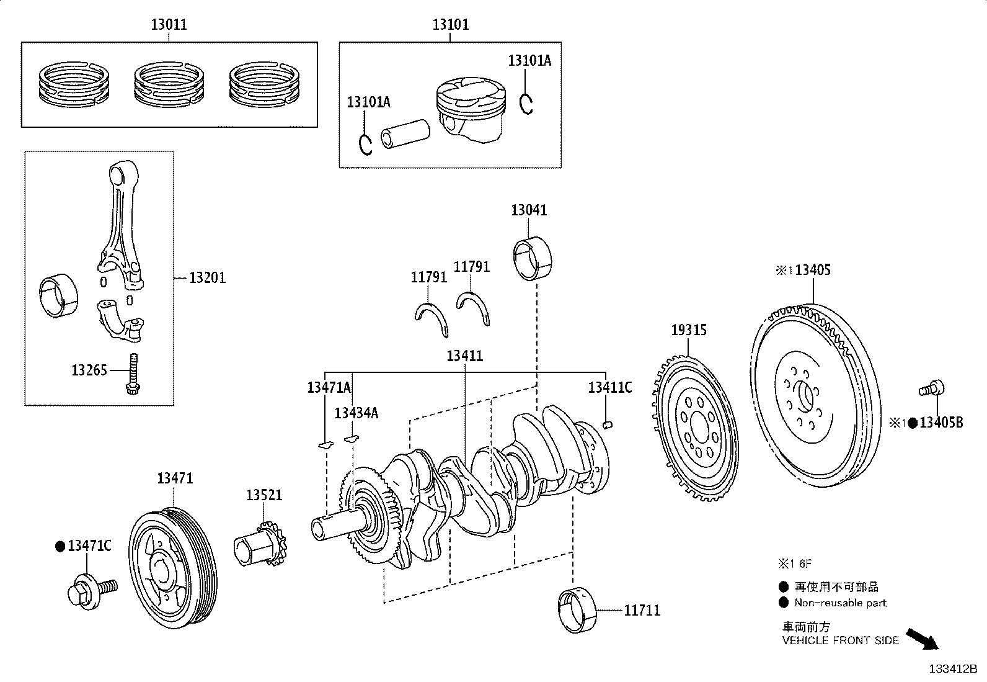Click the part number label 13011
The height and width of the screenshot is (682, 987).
click(x=169, y=24)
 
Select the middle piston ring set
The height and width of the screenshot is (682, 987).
click(x=169, y=84)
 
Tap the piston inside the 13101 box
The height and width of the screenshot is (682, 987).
click(x=471, y=110)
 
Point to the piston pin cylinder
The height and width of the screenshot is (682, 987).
click(x=405, y=133)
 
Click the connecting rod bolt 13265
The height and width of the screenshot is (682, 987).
click(x=133, y=374)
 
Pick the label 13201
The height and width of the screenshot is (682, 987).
click(x=208, y=278)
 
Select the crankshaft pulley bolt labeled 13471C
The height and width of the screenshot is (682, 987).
click(x=92, y=591)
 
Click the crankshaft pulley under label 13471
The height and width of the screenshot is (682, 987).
click(x=173, y=568)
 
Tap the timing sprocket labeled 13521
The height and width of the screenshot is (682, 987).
click(x=260, y=544)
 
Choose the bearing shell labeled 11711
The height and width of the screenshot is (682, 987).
click(x=577, y=610)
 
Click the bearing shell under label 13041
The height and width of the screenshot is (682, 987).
click(x=533, y=258)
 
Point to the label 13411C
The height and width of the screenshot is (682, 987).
click(x=610, y=387)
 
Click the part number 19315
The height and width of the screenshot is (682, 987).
click(x=689, y=330)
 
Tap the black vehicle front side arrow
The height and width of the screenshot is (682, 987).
click(x=923, y=639)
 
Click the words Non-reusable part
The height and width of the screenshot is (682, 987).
click(x=840, y=603)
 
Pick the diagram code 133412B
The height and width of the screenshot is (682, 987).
click(x=953, y=669)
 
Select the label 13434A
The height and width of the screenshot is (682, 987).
click(x=356, y=413)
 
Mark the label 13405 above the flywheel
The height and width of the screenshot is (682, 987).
click(x=813, y=269)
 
